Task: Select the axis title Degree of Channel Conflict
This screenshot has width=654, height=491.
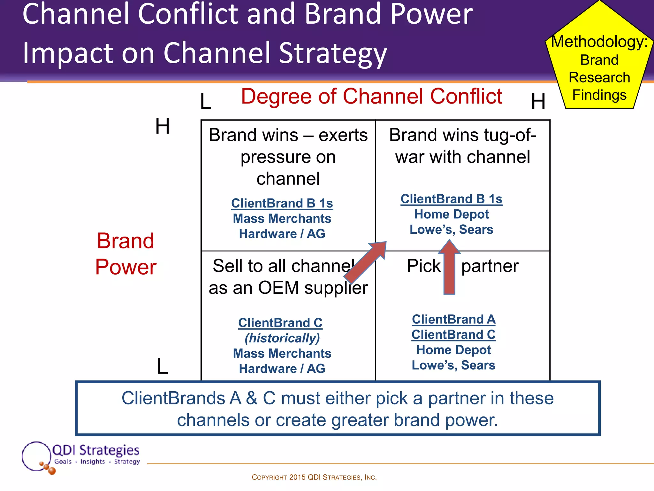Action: pos(371,96)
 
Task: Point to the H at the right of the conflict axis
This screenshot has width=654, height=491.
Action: pos(538,102)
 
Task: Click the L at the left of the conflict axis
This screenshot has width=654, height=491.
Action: pos(206,102)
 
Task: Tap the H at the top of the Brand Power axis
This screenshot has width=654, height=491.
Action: pos(162,126)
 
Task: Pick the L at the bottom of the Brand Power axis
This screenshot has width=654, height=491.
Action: pos(162,366)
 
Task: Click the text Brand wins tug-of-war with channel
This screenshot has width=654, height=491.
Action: pos(462,146)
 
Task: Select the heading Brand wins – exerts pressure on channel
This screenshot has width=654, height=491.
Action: pos(288,156)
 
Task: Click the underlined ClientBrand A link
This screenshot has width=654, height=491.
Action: pos(453,319)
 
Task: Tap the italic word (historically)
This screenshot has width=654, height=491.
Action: pos(282,338)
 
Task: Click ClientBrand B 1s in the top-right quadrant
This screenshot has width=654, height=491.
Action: pos(451,199)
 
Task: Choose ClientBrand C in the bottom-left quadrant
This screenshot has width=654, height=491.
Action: pos(280,323)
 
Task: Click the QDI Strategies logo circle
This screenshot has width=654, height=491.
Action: pos(36,456)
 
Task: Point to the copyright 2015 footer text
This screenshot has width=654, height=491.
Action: pos(314,477)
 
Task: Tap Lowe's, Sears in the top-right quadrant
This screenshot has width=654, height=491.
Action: pos(451,230)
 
